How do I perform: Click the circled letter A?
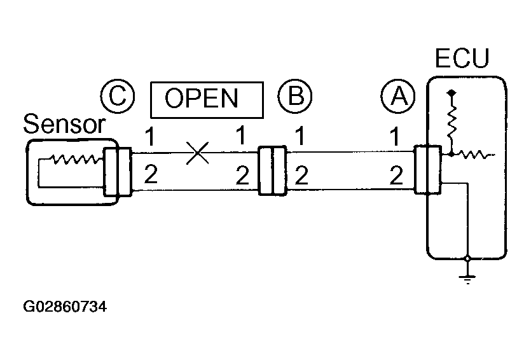pyautogui.click(x=398, y=97)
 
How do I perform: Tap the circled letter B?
pyautogui.click(x=295, y=97)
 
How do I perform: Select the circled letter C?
pyautogui.click(x=116, y=97)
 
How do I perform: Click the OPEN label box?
pyautogui.click(x=206, y=99)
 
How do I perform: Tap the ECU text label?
pyautogui.click(x=462, y=59)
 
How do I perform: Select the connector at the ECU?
pyautogui.click(x=427, y=170)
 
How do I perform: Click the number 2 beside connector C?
pyautogui.click(x=151, y=174)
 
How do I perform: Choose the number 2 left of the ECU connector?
pyautogui.click(x=395, y=174)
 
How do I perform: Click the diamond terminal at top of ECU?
pyautogui.click(x=452, y=93)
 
